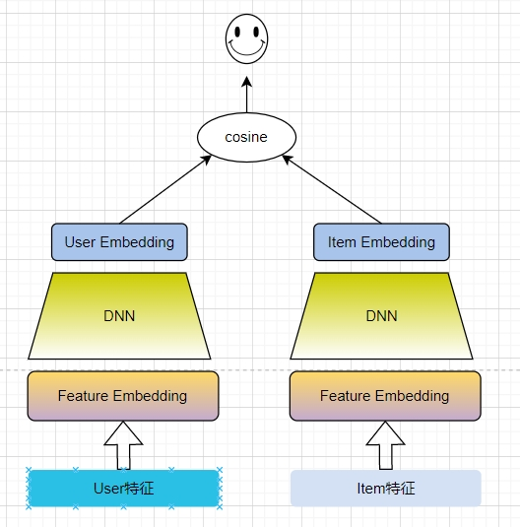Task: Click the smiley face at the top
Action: [x=247, y=38]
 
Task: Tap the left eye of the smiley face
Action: [x=237, y=32]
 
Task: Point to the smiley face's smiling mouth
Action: [x=247, y=49]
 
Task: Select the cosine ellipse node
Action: [x=247, y=137]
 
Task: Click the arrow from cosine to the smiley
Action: [x=247, y=95]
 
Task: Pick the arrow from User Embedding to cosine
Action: [x=165, y=189]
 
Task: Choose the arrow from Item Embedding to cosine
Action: [x=332, y=189]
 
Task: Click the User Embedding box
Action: [x=119, y=242]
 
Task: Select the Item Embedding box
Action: [x=381, y=242]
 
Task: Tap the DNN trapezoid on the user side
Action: [x=119, y=316]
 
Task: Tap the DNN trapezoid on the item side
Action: [x=381, y=316]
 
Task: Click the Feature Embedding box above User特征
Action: [x=123, y=396]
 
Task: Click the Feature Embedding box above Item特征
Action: [x=385, y=396]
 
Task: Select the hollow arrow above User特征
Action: [x=123, y=445]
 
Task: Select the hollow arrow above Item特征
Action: [x=385, y=445]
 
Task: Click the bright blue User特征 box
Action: [x=124, y=488]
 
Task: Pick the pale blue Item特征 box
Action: [x=386, y=488]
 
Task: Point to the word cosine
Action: [x=246, y=137]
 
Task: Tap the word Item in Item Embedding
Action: [x=342, y=242]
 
